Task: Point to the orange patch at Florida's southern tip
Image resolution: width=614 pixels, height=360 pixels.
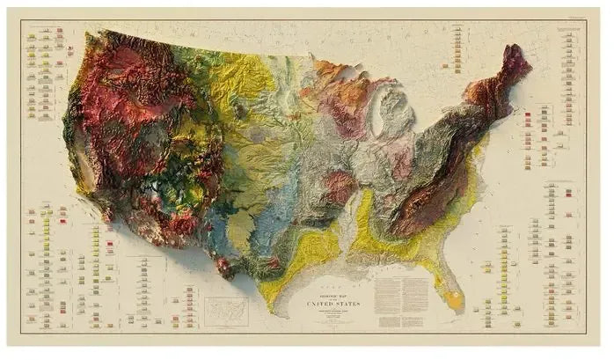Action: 455,300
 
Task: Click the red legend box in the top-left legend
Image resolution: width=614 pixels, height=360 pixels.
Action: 60,32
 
